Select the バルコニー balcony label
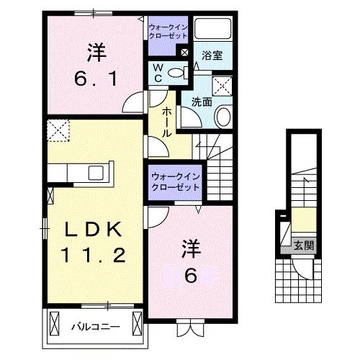tap(94, 327)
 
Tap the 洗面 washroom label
tap(201, 103)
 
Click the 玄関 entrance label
tap(302, 245)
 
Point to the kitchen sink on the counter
tap(95, 173)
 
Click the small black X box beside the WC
tap(184, 53)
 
